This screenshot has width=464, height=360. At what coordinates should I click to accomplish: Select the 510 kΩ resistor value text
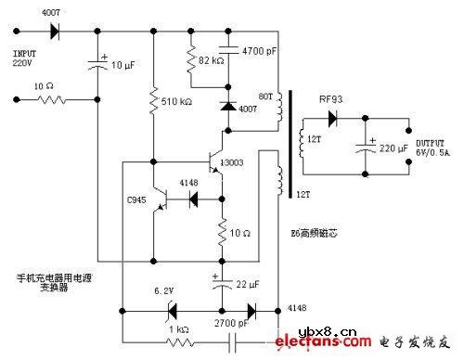pyautogui.click(x=174, y=102)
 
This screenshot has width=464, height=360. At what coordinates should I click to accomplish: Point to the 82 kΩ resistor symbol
pyautogui.click(x=192, y=61)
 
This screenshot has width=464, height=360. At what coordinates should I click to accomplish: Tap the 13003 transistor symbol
pyautogui.click(x=217, y=161)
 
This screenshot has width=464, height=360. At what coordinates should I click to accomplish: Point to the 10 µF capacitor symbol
pyautogui.click(x=97, y=64)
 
